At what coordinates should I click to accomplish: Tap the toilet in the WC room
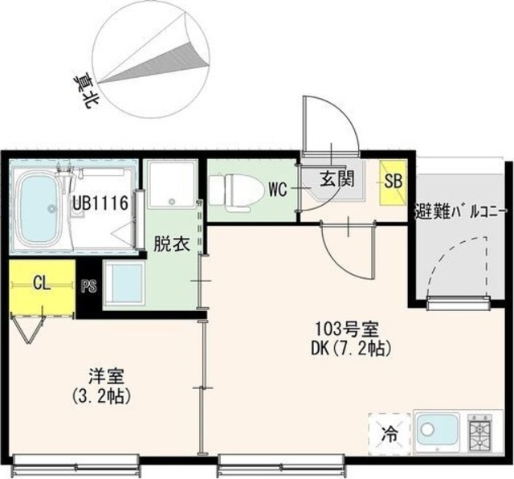point(237,192)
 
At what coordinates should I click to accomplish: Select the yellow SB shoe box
point(393,182)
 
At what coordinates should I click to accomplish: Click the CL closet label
point(42,283)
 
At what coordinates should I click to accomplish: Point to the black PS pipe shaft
point(88,286)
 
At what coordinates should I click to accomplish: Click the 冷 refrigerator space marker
point(390,434)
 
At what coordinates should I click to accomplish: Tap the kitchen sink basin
point(437,431)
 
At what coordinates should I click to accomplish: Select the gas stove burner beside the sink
point(480,432)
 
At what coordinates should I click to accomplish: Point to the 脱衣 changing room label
point(171,244)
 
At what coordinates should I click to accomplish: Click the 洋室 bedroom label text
point(106,377)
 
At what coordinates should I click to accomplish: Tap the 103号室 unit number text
point(347,330)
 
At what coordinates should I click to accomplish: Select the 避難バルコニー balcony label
point(460,212)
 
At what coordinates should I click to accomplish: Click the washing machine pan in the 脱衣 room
point(172,184)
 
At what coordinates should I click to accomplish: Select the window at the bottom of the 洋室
point(77,465)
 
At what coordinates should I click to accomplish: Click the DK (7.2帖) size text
point(351,349)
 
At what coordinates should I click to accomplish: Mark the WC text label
point(278,190)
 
